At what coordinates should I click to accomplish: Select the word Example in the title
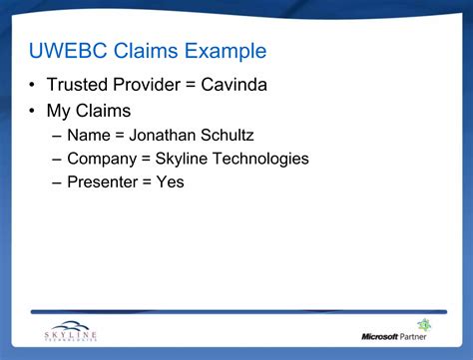click(226, 52)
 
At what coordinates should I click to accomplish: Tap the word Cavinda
click(234, 85)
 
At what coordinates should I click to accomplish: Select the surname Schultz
click(228, 136)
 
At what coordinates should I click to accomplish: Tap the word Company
click(102, 160)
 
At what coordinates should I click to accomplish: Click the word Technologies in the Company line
click(260, 160)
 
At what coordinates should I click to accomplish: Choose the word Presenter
click(103, 182)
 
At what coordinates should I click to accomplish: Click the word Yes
click(171, 182)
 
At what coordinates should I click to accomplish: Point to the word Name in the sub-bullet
click(89, 136)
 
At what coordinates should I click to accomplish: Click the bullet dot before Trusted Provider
click(32, 85)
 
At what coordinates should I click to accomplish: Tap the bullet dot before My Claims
click(32, 111)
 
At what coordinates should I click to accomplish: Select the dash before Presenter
click(57, 183)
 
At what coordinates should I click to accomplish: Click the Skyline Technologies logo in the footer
click(71, 331)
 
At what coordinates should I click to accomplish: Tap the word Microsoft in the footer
click(379, 337)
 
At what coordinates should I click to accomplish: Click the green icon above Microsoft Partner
click(424, 324)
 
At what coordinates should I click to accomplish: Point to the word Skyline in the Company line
click(182, 160)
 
